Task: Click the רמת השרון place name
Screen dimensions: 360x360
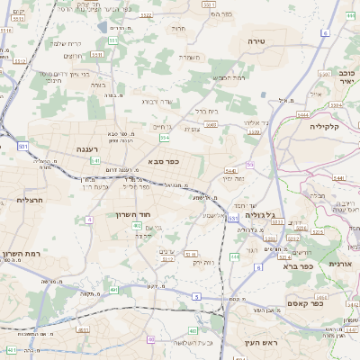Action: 22,255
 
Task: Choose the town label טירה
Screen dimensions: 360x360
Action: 258,41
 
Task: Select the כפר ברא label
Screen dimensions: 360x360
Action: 298,265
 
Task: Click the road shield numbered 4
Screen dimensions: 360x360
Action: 90,220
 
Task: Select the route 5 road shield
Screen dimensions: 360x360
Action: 196,296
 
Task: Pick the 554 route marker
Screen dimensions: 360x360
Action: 113,40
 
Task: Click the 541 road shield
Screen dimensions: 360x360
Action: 96,160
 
